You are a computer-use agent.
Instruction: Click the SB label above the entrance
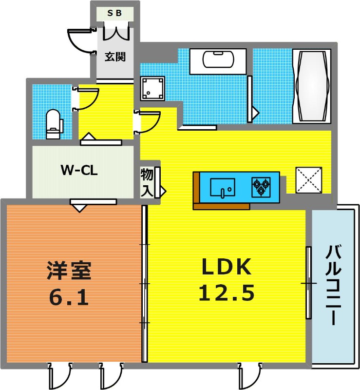tap(114, 13)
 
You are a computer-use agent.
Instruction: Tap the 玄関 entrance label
tap(115, 57)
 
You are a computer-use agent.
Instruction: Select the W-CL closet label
tap(79, 171)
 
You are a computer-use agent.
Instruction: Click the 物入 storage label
tap(147, 182)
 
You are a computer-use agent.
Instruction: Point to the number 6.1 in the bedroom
tap(69, 297)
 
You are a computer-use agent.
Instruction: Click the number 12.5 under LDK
tap(227, 292)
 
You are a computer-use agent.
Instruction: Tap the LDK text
tap(226, 267)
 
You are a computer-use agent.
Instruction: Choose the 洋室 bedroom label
tap(69, 271)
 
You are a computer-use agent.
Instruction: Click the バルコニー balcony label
tap(333, 285)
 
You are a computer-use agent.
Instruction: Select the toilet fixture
tap(53, 124)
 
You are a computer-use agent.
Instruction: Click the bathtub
tap(312, 86)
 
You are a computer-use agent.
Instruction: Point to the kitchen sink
tap(223, 187)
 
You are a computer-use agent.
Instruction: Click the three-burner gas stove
tap(261, 187)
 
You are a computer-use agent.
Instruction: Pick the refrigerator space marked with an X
tap(308, 180)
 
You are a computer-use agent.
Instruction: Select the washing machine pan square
tap(152, 88)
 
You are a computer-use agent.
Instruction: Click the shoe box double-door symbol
tap(116, 31)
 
